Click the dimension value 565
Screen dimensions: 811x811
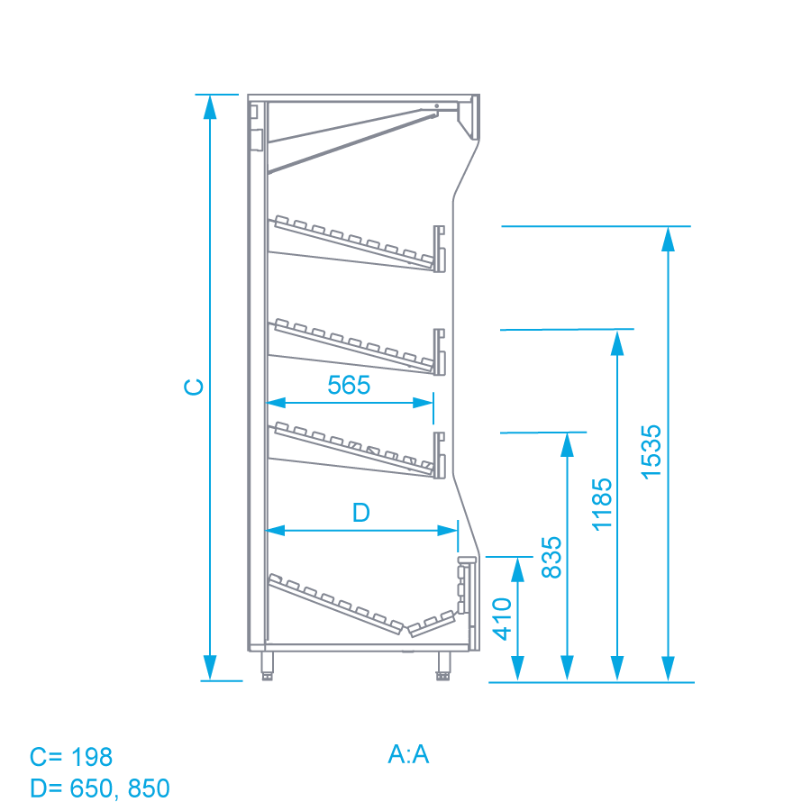(349, 385)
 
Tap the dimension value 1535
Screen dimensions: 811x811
(652, 452)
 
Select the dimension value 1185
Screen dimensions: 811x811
(602, 505)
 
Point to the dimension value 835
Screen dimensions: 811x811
(551, 557)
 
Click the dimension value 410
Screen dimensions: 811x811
(502, 619)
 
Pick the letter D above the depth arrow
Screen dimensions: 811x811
(361, 513)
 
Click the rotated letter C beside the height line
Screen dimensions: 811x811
(194, 387)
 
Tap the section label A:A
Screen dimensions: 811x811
(408, 754)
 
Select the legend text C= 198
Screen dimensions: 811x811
(71, 757)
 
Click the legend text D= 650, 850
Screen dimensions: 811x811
(100, 788)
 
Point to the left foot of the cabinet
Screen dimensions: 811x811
(267, 666)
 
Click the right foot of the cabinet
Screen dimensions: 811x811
(443, 666)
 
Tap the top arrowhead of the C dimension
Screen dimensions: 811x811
(209, 107)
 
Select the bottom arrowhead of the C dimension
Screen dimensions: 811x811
(209, 668)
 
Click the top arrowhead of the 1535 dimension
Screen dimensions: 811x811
(669, 239)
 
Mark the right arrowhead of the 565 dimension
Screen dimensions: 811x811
(423, 403)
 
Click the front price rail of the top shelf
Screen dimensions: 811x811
(439, 249)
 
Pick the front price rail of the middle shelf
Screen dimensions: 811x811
(439, 351)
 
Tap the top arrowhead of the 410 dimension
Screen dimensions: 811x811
(518, 570)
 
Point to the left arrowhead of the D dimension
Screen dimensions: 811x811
(275, 530)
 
